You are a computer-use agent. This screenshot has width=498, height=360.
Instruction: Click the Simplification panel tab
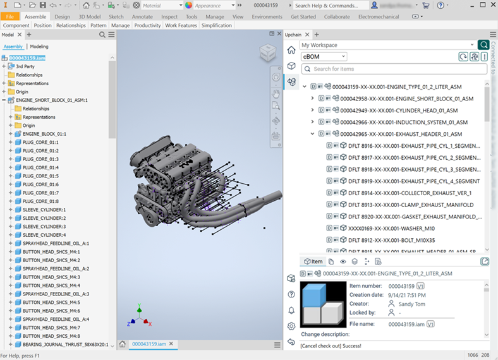pos(217,26)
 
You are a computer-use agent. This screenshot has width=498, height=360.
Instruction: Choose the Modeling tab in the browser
pos(39,47)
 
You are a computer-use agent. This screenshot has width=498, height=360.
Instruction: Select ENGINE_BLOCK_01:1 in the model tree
pos(44,134)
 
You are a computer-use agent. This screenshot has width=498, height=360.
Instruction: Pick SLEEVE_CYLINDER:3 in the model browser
pos(44,226)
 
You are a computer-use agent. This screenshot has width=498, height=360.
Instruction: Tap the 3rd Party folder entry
pos(25,66)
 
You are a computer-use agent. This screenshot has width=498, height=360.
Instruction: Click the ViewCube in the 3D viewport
pos(267,54)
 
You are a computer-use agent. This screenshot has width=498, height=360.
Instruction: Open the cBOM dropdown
pos(324,57)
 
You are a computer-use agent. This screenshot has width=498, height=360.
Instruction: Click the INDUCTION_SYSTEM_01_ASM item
pos(404,122)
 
